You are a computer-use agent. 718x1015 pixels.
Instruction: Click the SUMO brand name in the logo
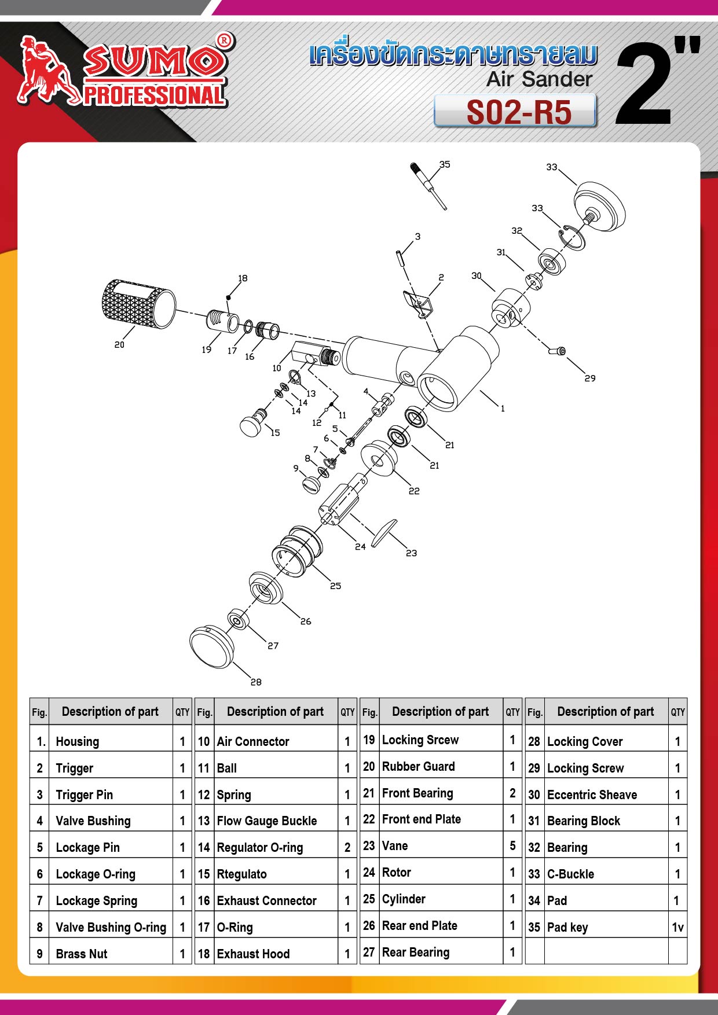153,60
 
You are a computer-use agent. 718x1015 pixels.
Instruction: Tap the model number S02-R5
518,112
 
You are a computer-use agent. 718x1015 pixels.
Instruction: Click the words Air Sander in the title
539,79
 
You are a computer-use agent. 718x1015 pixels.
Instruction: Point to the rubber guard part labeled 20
138,304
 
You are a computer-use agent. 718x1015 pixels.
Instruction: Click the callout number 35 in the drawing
445,164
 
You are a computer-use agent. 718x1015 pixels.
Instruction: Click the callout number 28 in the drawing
256,682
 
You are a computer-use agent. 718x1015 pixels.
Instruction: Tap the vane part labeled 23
384,532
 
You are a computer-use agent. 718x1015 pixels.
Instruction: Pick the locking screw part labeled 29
557,350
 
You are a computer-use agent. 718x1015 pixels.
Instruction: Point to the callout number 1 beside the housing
503,409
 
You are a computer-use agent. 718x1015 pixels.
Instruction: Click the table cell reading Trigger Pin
85,795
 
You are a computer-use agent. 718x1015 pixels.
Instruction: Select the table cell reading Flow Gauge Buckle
267,821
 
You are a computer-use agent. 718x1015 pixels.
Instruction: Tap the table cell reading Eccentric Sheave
592,795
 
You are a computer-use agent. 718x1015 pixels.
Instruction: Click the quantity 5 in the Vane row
512,846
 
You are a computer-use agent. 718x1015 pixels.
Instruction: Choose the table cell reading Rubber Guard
419,767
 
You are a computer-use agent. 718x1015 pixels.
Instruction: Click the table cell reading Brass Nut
82,954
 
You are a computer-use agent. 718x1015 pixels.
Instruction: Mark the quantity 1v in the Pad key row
677,927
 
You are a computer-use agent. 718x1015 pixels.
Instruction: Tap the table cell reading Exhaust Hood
253,954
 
